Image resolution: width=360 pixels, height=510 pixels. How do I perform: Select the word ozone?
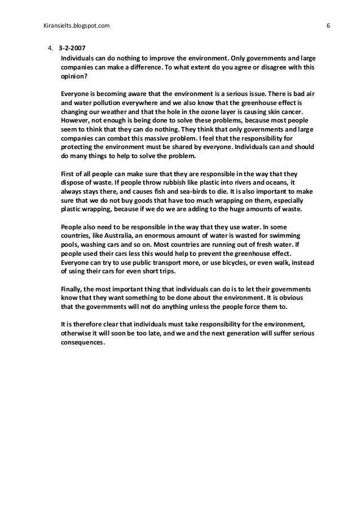[201, 112]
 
